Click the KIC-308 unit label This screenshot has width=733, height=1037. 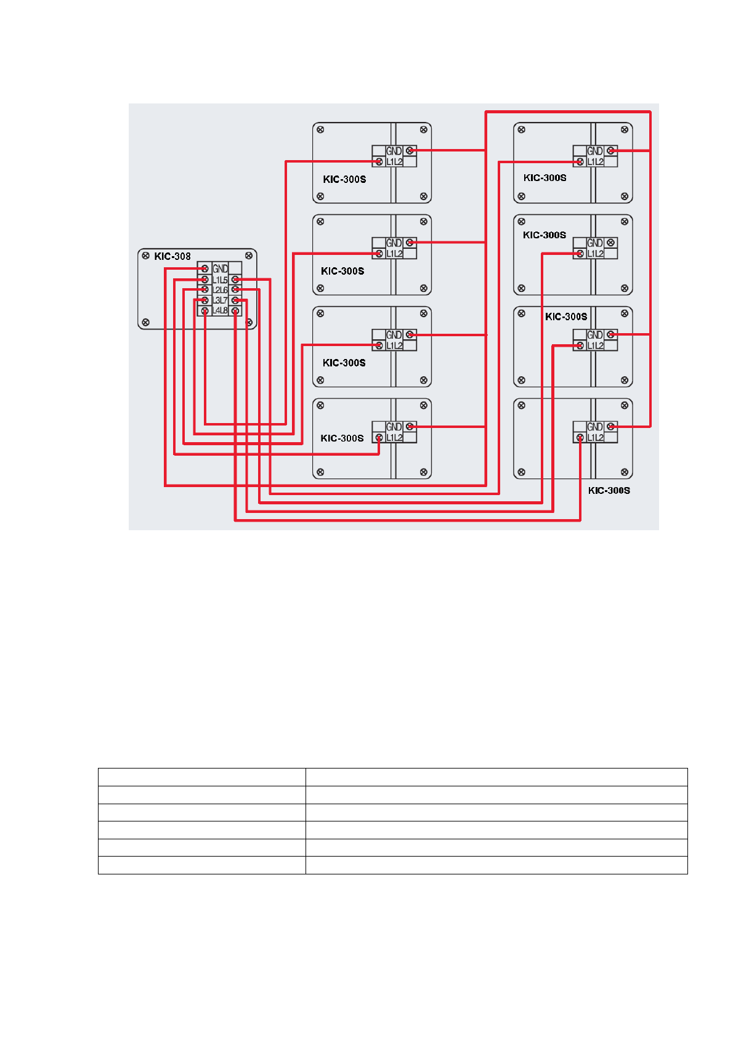172,256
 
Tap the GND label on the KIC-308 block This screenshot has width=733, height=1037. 220,268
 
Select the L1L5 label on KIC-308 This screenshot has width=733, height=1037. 220,280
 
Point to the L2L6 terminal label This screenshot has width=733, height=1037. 220,289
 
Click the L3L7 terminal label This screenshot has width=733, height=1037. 220,300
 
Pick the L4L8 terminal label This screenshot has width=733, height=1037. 220,310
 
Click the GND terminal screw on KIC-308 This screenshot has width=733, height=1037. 205,268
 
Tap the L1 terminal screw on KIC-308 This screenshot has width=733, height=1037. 205,280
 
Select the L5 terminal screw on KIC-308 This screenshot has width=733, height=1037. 235,280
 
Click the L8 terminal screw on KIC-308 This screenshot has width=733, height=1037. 235,311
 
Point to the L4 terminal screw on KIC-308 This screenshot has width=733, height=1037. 205,311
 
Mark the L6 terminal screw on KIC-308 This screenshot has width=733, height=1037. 235,289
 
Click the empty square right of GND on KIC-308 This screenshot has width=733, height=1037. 235,268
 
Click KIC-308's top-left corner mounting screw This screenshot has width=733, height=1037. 145,255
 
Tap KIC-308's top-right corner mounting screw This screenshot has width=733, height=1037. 249,255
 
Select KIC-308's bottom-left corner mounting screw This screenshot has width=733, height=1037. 145,322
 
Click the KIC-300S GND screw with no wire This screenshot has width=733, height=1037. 610,243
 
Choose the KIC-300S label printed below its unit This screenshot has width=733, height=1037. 609,490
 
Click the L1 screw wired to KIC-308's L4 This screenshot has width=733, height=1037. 379,162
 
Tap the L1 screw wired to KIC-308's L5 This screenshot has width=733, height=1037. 580,162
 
